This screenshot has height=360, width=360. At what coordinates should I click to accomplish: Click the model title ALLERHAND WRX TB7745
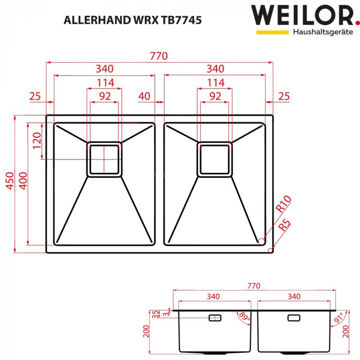(x=132, y=20)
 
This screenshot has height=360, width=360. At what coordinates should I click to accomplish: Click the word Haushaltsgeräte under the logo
(x=322, y=32)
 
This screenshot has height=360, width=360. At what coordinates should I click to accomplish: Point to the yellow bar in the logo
(x=272, y=32)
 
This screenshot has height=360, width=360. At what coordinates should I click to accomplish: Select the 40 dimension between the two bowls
(x=145, y=96)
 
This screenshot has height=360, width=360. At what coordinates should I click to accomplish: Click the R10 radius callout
(x=283, y=204)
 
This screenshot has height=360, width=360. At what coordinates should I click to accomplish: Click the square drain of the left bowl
(x=104, y=159)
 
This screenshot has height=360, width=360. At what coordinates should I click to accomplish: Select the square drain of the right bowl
(x=215, y=159)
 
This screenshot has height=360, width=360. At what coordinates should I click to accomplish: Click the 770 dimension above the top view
(x=159, y=57)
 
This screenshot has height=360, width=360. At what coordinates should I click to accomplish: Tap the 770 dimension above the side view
(x=254, y=286)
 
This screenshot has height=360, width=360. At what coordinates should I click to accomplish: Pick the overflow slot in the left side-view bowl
(x=215, y=318)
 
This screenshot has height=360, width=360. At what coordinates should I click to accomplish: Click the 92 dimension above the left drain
(x=105, y=96)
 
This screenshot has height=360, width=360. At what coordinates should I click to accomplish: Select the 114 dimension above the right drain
(x=215, y=83)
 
